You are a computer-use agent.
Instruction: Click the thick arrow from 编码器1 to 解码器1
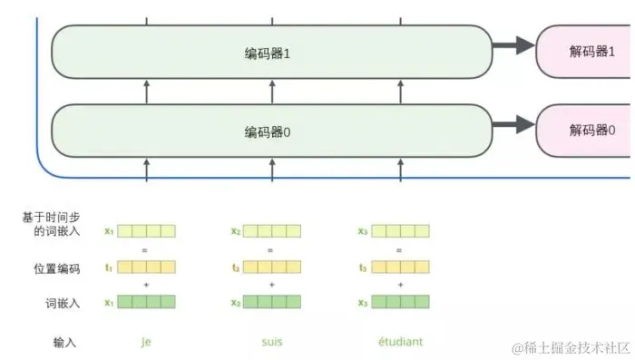pyautogui.click(x=513, y=47)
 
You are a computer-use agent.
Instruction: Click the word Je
pyautogui.click(x=145, y=342)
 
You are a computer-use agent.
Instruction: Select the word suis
pyautogui.click(x=270, y=342)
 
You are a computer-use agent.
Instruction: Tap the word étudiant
pyautogui.click(x=400, y=342)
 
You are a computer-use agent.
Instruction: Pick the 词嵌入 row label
pyautogui.click(x=63, y=303)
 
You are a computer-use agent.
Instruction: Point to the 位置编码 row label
pyautogui.click(x=56, y=268)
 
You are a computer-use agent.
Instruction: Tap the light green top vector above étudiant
pyautogui.click(x=400, y=231)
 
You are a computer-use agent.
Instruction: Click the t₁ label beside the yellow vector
pyautogui.click(x=109, y=268)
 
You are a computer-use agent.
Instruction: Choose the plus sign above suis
pyautogui.click(x=271, y=285)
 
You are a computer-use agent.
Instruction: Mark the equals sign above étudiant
pyautogui.click(x=399, y=249)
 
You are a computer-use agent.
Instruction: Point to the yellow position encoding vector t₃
pyautogui.click(x=400, y=268)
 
